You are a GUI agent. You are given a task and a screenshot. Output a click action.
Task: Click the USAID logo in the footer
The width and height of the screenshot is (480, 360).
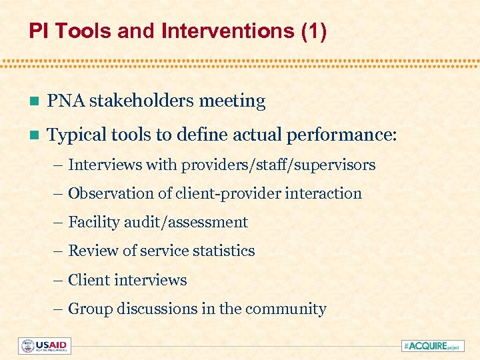(x=45, y=346)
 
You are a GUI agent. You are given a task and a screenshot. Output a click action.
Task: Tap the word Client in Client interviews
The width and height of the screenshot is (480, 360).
(x=89, y=280)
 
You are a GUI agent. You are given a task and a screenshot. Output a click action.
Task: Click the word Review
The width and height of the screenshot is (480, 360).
(x=93, y=251)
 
